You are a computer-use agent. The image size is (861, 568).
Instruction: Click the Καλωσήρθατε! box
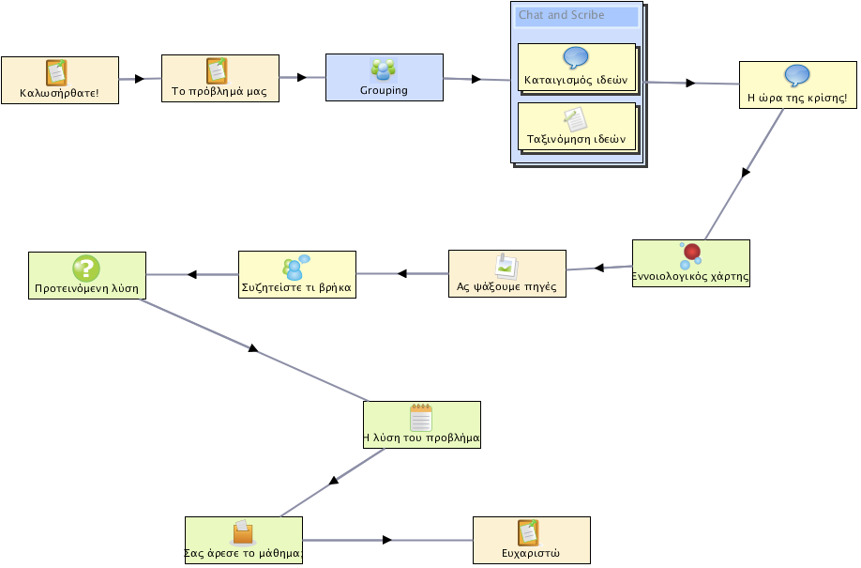point(60,81)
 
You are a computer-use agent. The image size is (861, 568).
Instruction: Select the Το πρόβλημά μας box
point(220,78)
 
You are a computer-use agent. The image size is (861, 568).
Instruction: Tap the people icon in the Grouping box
point(384,69)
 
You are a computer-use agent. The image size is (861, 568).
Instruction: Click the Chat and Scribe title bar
point(577,15)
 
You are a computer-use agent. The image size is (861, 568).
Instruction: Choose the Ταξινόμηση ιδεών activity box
point(577,127)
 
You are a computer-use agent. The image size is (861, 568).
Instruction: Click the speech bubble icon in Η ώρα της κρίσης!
point(797,76)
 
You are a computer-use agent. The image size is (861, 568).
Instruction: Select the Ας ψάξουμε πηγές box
point(507,274)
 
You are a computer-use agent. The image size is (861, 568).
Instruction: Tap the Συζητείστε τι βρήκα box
point(297,275)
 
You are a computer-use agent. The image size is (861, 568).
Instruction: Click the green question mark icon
point(86,269)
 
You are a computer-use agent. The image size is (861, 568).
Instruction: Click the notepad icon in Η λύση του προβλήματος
point(421,418)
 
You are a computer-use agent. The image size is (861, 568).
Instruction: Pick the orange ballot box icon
point(243,532)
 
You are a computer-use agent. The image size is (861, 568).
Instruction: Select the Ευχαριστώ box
point(532,540)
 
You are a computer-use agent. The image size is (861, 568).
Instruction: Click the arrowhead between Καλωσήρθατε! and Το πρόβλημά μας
point(140,79)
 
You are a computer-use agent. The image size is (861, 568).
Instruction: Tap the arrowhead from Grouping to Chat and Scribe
point(476,79)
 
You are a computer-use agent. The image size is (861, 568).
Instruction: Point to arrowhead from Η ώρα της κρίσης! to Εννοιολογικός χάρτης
point(745,173)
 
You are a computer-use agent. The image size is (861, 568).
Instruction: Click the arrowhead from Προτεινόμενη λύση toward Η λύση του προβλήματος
point(253,348)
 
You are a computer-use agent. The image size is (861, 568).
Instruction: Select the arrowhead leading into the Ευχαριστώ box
point(387,540)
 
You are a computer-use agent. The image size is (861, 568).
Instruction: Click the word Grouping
point(384,90)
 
